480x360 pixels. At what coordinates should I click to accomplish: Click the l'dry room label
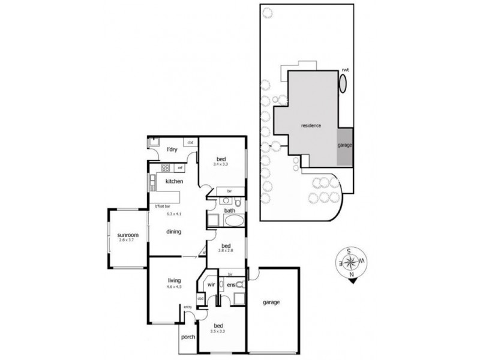tap(172, 149)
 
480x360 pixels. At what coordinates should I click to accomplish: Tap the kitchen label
tap(174, 181)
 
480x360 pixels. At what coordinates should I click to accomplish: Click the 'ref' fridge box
tap(179, 167)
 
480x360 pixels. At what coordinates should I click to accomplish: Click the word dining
tap(175, 232)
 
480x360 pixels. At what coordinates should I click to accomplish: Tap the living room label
tap(175, 280)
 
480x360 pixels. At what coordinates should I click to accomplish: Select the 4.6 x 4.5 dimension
tap(175, 287)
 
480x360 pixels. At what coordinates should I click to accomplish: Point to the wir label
tap(211, 284)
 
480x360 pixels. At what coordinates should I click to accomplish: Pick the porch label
tap(188, 338)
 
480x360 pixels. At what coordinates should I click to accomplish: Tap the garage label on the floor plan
tap(271, 302)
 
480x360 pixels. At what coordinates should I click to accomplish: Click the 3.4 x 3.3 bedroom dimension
tap(221, 163)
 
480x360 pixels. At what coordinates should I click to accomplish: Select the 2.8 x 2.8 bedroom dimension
tap(226, 251)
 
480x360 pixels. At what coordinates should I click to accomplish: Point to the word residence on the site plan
tap(311, 125)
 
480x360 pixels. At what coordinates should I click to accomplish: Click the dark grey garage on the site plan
tap(344, 146)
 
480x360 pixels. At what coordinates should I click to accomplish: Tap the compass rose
tap(352, 262)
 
